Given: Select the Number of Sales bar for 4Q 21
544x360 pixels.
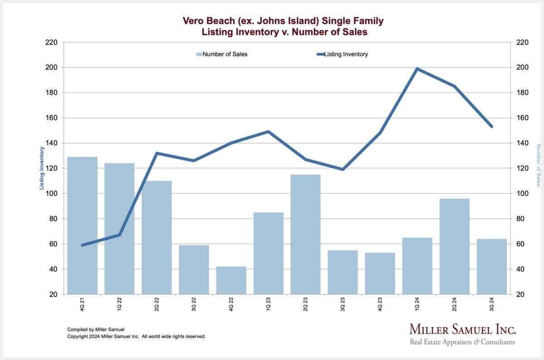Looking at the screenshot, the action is click(x=83, y=226).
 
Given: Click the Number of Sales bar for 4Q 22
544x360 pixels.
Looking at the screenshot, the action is click(x=231, y=281).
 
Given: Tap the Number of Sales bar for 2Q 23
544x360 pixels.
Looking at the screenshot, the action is click(x=306, y=234).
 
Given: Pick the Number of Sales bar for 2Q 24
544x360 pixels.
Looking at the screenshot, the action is click(x=454, y=247).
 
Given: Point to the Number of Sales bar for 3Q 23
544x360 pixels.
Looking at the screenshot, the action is click(x=343, y=272).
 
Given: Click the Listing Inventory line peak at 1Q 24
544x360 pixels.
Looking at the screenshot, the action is click(x=417, y=69).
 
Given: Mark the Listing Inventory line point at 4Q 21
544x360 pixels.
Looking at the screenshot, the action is click(x=83, y=245).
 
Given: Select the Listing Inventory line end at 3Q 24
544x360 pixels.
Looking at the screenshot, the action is click(x=492, y=126).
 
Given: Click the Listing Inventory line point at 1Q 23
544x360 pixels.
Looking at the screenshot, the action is click(x=268, y=131).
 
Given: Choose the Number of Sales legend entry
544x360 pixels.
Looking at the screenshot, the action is click(x=222, y=54).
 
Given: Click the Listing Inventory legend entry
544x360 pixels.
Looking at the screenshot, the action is click(x=342, y=54).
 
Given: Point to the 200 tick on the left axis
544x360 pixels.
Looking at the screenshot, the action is click(x=51, y=67).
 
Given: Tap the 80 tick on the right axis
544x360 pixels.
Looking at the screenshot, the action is click(x=520, y=219).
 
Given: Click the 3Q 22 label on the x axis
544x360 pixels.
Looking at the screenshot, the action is click(x=194, y=304).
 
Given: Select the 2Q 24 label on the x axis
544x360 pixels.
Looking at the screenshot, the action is click(x=454, y=304).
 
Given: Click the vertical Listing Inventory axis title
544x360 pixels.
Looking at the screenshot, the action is click(x=42, y=168).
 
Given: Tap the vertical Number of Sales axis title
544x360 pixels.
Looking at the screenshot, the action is click(x=538, y=165).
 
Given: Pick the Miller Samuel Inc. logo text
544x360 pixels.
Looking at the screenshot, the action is click(x=463, y=329).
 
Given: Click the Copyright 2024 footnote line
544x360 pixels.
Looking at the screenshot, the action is click(x=136, y=336).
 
